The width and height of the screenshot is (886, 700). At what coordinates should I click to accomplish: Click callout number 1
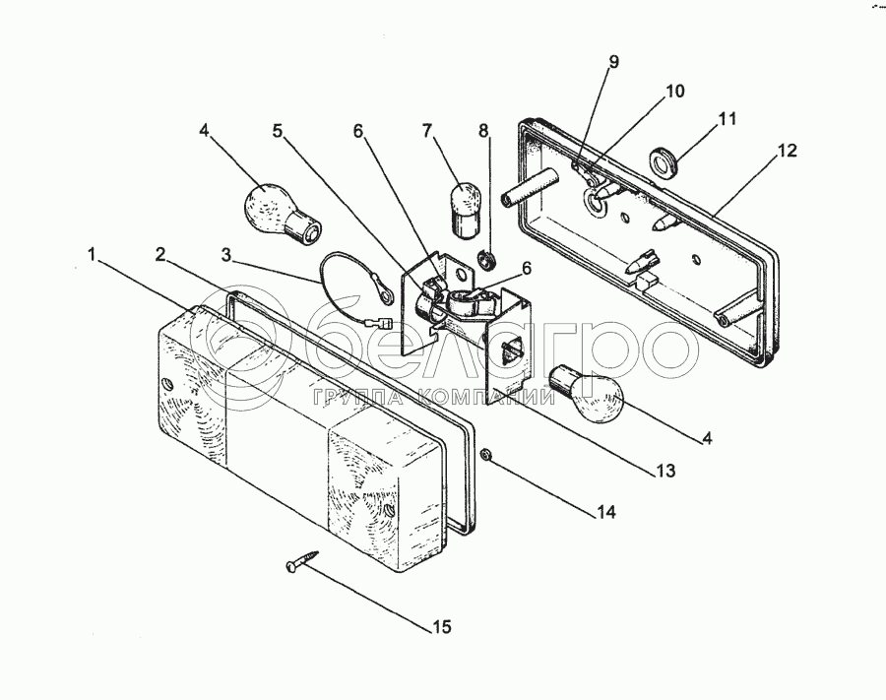coord(91,254)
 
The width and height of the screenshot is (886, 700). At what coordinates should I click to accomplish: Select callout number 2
coord(159,254)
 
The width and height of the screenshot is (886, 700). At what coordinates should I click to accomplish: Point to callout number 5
coord(278,130)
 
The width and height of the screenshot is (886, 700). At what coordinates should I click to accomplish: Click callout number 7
coord(426,130)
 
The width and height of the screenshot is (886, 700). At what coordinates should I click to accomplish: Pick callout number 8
coord(482,130)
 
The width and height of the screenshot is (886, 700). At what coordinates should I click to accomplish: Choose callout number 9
coord(613,62)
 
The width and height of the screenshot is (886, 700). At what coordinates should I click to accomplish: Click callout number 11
coord(728,119)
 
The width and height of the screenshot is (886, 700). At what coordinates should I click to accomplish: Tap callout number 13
coord(667,472)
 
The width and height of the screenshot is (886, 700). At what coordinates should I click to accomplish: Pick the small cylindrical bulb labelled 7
coord(466,207)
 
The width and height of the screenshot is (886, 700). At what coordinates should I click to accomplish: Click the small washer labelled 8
coord(484,260)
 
